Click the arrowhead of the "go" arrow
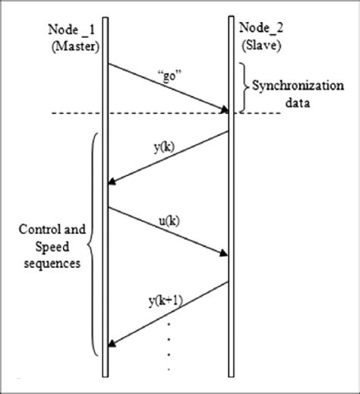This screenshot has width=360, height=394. (x=225, y=110)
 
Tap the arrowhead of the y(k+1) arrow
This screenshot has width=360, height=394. (x=112, y=342)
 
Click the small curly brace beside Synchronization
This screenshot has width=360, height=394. (x=245, y=87)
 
